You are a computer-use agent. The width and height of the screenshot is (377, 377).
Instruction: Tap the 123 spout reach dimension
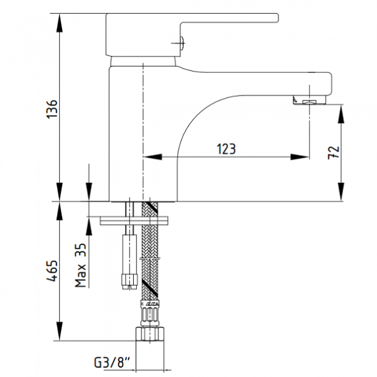click(227, 149)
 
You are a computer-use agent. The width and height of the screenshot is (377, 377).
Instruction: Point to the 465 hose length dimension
click(52, 271)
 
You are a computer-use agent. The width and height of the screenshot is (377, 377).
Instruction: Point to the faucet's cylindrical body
click(129, 132)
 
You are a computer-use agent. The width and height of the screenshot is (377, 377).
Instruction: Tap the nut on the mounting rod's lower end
click(129, 277)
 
